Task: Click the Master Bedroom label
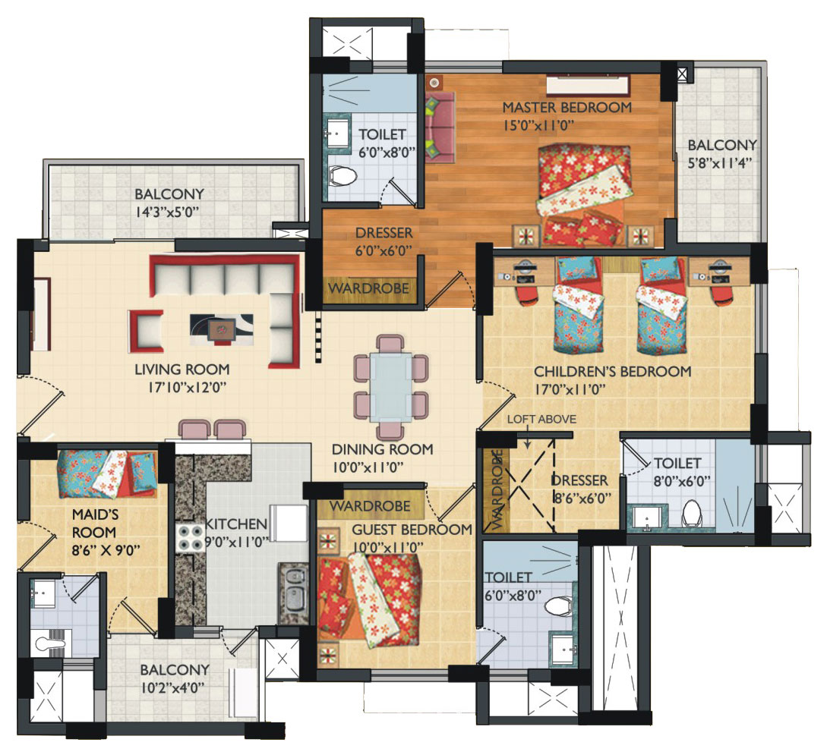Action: point(567,108)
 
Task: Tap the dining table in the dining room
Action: point(391,387)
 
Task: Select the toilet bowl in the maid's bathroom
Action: point(50,643)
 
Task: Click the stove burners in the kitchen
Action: point(190,538)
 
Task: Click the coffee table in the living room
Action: point(221,330)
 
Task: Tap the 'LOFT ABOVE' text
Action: point(541,420)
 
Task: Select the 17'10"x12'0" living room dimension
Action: point(188,388)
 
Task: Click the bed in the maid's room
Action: point(107,473)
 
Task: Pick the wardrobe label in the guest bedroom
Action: point(370,506)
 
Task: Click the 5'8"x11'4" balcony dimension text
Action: point(720,163)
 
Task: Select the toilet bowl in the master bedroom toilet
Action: point(342,175)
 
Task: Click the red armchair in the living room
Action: point(146,332)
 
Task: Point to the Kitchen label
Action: point(235,524)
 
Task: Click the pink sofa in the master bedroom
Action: point(440,127)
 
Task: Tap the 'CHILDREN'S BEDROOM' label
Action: point(612,372)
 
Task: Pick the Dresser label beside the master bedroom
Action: point(384,233)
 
